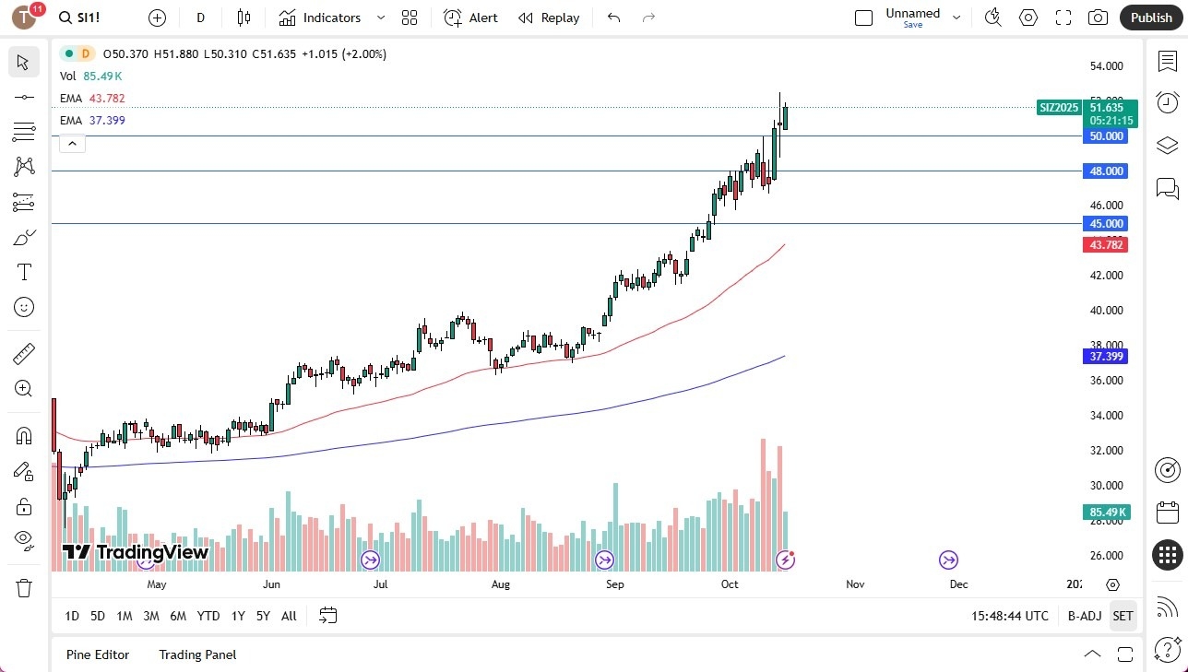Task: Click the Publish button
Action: pyautogui.click(x=1150, y=18)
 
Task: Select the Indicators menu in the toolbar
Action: pyautogui.click(x=320, y=18)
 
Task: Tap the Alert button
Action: pyautogui.click(x=470, y=18)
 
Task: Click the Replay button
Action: pyautogui.click(x=549, y=18)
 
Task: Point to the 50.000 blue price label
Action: pyautogui.click(x=1107, y=136)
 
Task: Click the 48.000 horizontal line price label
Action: pyautogui.click(x=1107, y=171)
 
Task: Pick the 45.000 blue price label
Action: pyautogui.click(x=1107, y=223)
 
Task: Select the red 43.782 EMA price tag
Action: pyautogui.click(x=1107, y=244)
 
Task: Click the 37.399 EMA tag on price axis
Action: pyautogui.click(x=1107, y=356)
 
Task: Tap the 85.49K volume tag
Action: pyautogui.click(x=1107, y=512)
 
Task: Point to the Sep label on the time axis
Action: pyautogui.click(x=615, y=584)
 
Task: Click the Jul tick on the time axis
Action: pyautogui.click(x=379, y=584)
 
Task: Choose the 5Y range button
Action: pyautogui.click(x=263, y=616)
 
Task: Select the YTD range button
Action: pyautogui.click(x=208, y=616)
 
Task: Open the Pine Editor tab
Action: pyautogui.click(x=98, y=654)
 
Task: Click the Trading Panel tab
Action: pyautogui.click(x=197, y=654)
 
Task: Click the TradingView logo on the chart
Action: pyautogui.click(x=136, y=552)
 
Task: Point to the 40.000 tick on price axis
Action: pyautogui.click(x=1107, y=311)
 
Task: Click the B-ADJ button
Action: pyautogui.click(x=1085, y=616)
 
